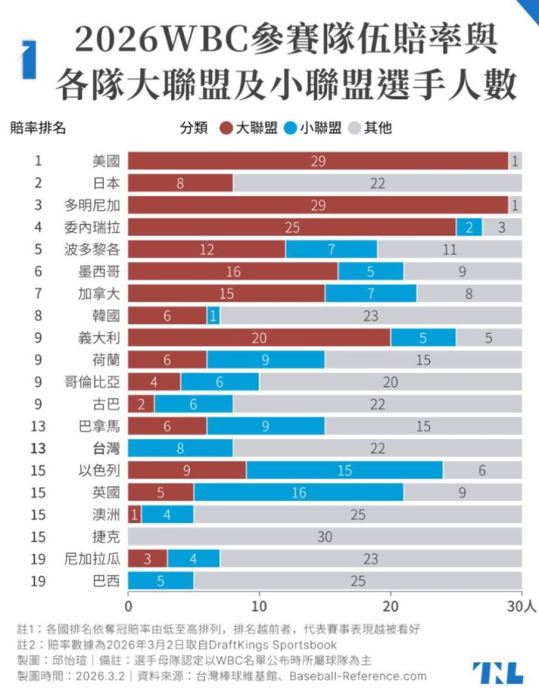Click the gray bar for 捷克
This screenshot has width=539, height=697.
pos(325,538)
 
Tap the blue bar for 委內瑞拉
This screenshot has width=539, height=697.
pos(468,227)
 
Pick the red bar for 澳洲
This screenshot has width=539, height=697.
pos(133,516)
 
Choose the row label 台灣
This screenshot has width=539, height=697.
pos(105,449)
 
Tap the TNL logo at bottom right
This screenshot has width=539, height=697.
pos(498,672)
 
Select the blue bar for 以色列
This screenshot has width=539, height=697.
pos(345,471)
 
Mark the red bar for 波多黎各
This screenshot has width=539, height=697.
pos(207,249)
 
